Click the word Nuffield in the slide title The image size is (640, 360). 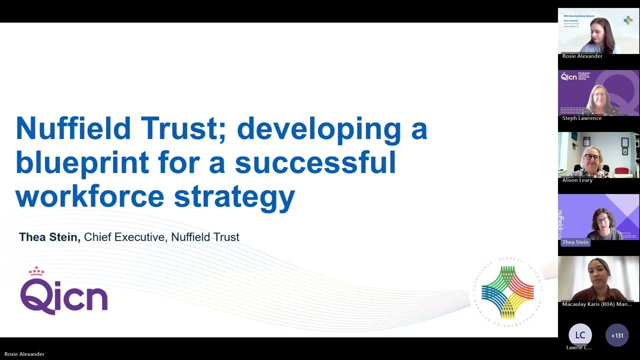coord(73,128)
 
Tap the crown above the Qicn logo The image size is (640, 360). coord(36,271)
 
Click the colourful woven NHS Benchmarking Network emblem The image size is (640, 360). coord(507,292)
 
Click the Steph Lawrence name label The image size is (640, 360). coord(582,118)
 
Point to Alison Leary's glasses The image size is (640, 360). coord(592,157)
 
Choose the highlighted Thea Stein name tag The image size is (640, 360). coord(575,242)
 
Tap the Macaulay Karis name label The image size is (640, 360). coord(596,304)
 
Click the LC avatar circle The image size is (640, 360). coord(580,335)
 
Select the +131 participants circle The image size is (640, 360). coord(617,335)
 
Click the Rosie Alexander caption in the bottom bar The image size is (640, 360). coord(24,354)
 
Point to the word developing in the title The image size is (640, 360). coord(318,129)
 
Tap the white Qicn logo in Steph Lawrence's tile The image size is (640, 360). coord(569,77)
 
